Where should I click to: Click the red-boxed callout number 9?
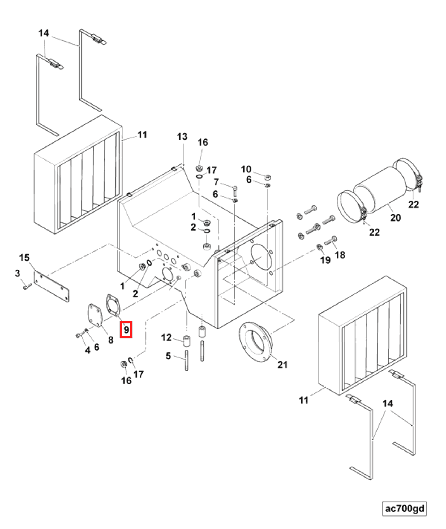pos(126,330)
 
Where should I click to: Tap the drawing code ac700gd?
pos(404,509)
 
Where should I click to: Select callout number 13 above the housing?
pos(182,137)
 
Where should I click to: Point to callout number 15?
pos(24,257)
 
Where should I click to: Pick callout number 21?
pos(282,365)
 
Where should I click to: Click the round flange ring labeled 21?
pos(256,342)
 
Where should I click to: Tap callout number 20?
pos(395,218)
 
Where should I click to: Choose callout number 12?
pos(166,337)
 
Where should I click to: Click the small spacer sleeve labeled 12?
pos(187,341)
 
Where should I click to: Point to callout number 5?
pos(168,356)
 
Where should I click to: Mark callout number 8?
pos(111,340)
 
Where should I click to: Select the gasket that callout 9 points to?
pos(113,305)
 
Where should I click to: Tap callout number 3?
pos(18,273)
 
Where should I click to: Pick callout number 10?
pos(246,169)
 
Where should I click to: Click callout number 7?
pos(216,182)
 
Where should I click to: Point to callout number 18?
pos(340,255)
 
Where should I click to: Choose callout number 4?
pos(88,350)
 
